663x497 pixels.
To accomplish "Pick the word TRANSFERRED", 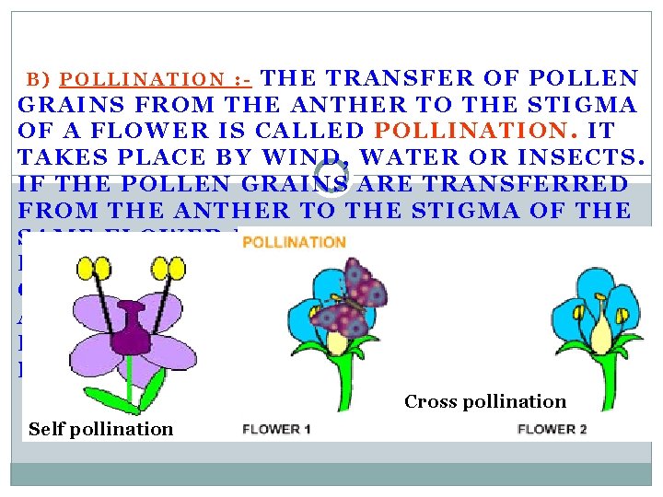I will (x=525, y=184).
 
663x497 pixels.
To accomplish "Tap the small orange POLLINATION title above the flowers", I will (x=294, y=243).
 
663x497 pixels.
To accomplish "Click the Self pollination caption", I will (x=100, y=428).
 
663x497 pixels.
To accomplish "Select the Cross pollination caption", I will (x=485, y=401).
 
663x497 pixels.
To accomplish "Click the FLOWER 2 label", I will (x=552, y=429).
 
